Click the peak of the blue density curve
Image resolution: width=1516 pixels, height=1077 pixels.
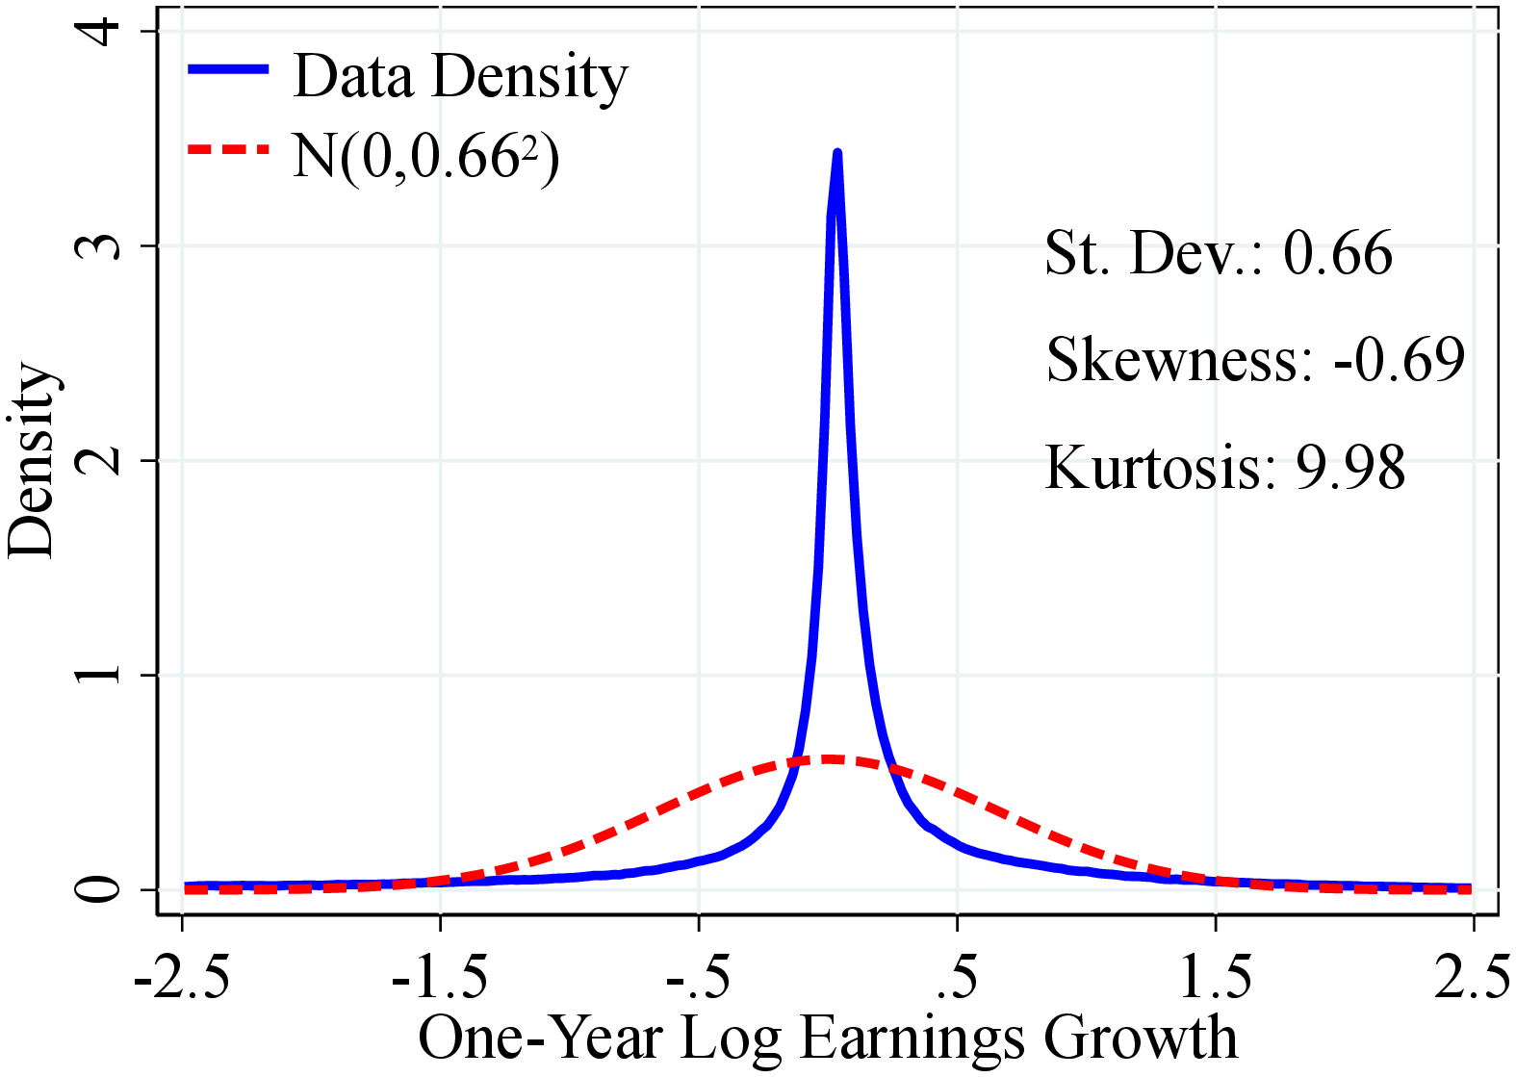[x=837, y=154]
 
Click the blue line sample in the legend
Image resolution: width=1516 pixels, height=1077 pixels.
[x=228, y=68]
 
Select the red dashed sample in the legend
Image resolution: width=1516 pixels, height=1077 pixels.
[x=228, y=149]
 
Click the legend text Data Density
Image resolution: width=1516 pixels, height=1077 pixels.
[x=460, y=76]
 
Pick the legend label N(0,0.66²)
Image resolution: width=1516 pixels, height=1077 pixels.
[x=425, y=156]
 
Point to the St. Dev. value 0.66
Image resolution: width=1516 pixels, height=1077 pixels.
[x=1338, y=254]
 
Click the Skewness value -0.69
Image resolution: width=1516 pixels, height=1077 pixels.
[x=1399, y=360]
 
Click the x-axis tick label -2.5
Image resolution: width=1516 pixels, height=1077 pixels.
[x=181, y=978]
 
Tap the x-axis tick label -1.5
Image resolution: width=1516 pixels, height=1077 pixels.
[x=439, y=978]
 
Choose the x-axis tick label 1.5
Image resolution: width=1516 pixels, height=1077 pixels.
[x=1216, y=978]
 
